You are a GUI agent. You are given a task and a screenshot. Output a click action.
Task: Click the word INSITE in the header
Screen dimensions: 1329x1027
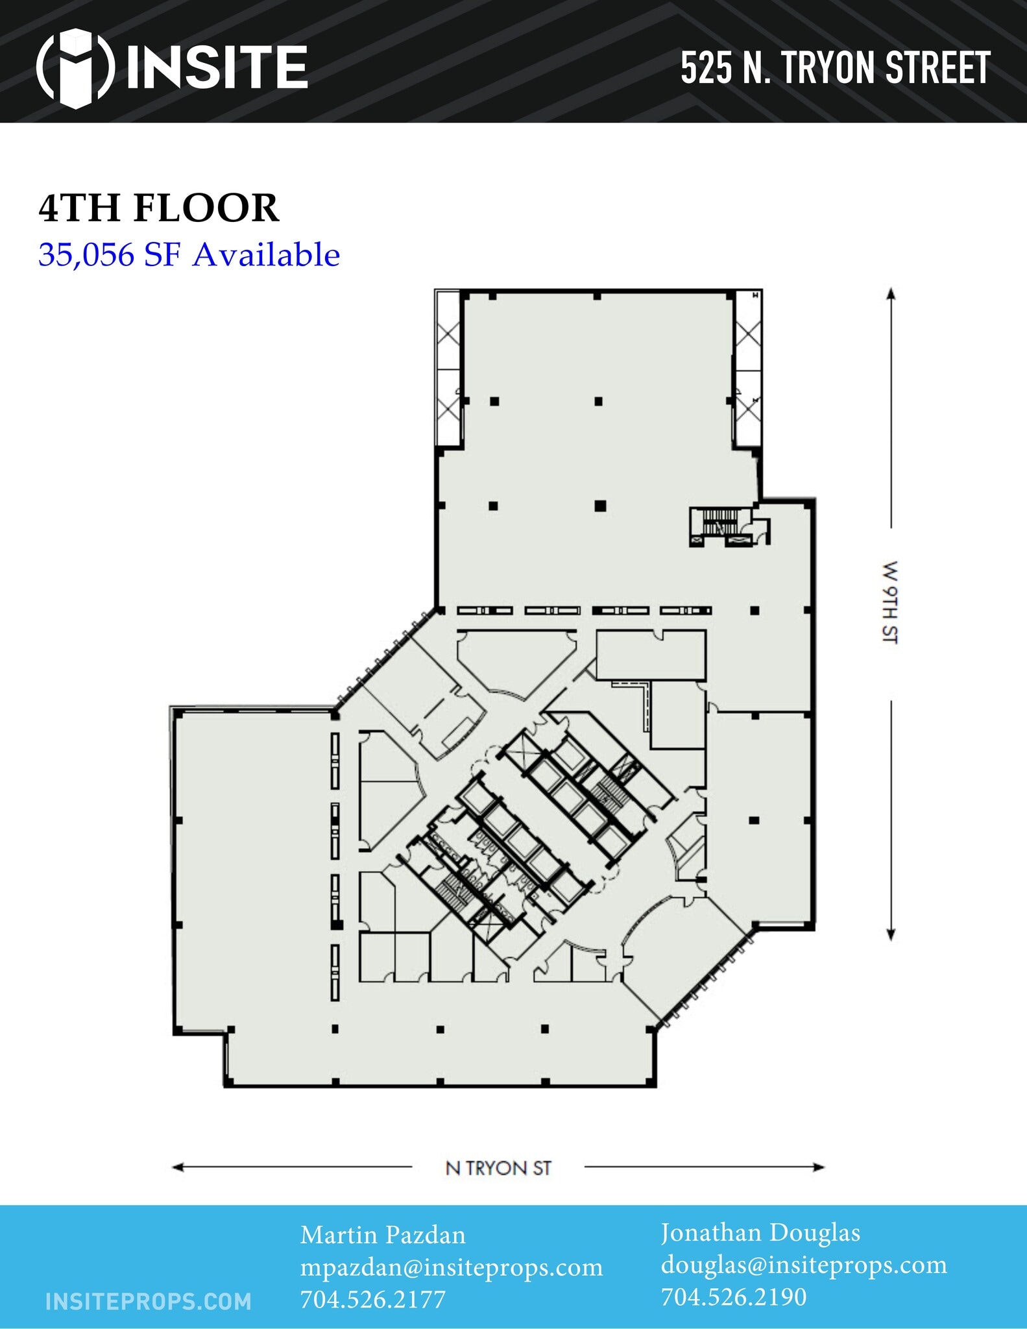click(217, 67)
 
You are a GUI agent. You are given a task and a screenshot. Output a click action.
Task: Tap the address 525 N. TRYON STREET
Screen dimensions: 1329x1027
click(835, 68)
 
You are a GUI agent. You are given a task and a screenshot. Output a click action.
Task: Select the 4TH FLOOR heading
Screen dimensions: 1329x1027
click(159, 208)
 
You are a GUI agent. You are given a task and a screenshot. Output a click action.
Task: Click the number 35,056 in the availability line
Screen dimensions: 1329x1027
click(86, 254)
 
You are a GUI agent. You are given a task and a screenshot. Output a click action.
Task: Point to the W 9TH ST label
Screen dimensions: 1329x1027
click(890, 602)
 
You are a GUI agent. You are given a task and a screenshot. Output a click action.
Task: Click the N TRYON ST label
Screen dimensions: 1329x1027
click(498, 1168)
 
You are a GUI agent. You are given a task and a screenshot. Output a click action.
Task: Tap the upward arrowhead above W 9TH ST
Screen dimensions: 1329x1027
click(891, 293)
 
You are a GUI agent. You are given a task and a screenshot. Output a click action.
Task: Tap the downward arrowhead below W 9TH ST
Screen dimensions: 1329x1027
click(891, 935)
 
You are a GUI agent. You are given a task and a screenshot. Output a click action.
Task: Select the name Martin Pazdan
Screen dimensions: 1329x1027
click(383, 1235)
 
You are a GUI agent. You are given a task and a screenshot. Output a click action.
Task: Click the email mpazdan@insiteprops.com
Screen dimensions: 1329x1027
click(451, 1267)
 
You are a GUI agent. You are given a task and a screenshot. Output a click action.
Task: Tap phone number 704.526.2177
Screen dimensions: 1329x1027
click(372, 1299)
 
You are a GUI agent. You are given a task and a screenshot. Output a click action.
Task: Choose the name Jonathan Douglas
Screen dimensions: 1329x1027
click(760, 1233)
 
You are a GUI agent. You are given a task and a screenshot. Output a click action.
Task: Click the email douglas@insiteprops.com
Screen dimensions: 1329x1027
click(804, 1265)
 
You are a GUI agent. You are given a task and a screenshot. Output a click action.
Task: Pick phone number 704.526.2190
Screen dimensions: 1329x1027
click(734, 1297)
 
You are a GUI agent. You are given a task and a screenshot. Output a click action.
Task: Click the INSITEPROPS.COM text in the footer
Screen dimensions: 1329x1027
click(149, 1302)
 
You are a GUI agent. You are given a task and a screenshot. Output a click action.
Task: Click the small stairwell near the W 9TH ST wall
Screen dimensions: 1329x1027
click(721, 522)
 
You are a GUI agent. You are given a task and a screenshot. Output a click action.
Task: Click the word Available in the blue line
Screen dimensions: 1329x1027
click(267, 254)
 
